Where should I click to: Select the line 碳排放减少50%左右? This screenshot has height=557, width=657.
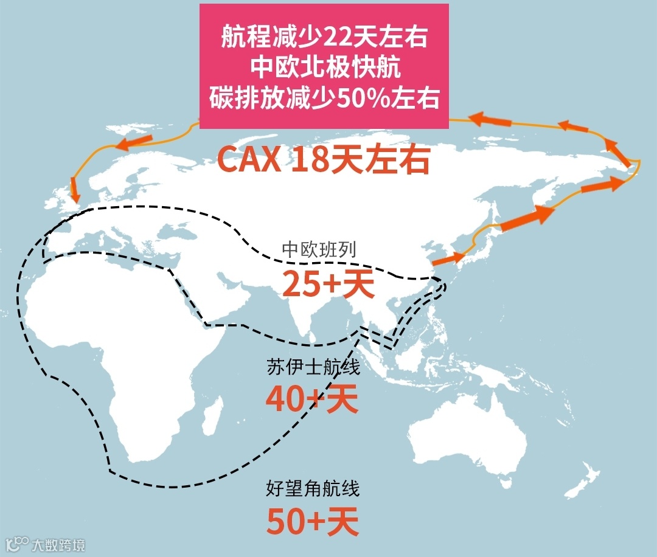[324, 98]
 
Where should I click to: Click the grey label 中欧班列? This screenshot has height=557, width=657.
[314, 249]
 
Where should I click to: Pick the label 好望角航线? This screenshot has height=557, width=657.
[313, 488]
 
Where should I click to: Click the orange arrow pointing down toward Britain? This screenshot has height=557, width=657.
[74, 190]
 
